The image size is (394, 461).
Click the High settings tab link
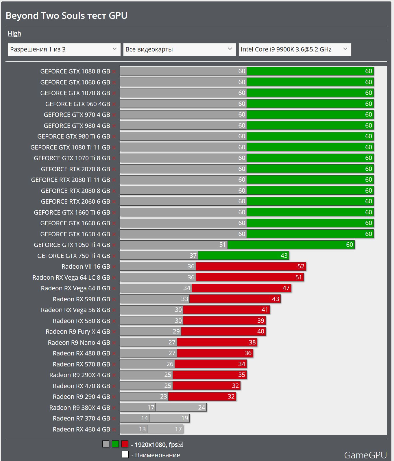click(x=14, y=34)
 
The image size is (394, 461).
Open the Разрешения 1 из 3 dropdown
click(x=64, y=49)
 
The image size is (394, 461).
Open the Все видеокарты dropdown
click(x=179, y=49)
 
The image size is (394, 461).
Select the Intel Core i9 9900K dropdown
click(x=295, y=49)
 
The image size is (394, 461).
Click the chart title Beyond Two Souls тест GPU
click(x=66, y=16)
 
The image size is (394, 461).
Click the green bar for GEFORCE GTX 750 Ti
click(x=243, y=256)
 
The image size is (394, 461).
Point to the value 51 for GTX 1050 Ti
click(x=222, y=245)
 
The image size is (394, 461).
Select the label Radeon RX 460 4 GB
click(x=81, y=429)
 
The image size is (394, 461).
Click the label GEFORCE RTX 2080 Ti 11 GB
click(x=71, y=180)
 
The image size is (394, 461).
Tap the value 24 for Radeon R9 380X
click(x=201, y=407)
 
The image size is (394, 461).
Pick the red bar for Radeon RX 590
click(x=234, y=299)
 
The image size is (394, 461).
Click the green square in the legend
click(x=115, y=444)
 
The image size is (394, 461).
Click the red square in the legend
click(x=125, y=444)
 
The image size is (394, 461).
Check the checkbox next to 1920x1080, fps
click(x=181, y=444)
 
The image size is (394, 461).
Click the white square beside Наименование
click(x=125, y=455)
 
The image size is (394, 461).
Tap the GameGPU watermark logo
click(x=365, y=455)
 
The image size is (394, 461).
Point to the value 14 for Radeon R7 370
click(x=145, y=418)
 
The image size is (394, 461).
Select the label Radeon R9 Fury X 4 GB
click(x=78, y=332)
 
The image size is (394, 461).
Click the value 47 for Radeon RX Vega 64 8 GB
click(x=286, y=288)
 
